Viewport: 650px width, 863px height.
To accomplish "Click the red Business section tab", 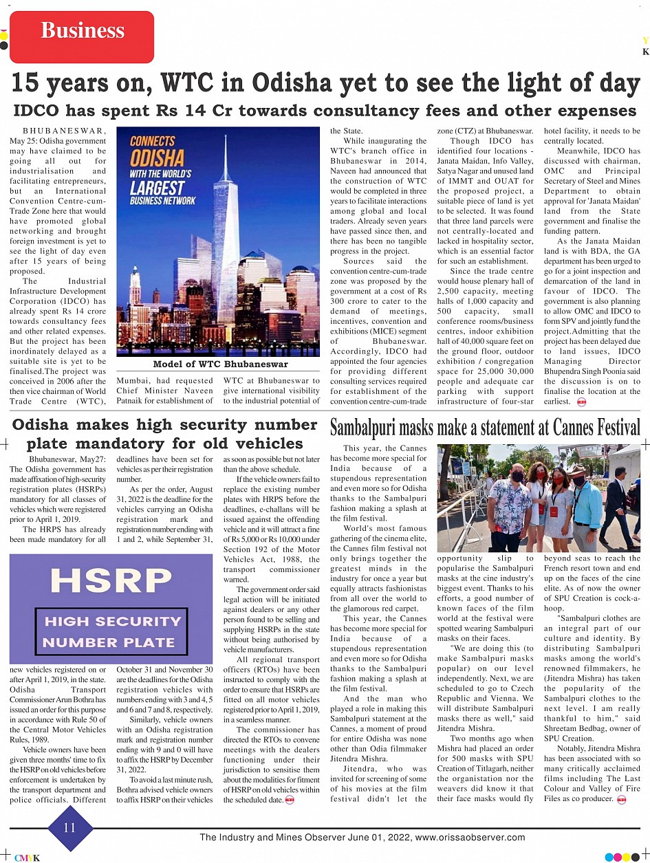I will [82, 31].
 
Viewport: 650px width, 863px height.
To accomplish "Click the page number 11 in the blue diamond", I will [69, 827].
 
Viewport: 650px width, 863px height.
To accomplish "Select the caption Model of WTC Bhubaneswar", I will [219, 364].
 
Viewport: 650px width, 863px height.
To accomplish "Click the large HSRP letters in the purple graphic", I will [111, 580].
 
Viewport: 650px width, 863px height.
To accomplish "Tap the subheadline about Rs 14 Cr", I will [325, 111].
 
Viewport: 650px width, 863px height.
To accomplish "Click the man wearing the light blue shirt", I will [587, 502].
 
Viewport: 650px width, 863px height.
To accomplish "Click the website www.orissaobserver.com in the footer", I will [470, 838].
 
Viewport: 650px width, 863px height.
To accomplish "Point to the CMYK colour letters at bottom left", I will [28, 857].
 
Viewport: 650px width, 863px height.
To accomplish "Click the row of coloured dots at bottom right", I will [622, 857].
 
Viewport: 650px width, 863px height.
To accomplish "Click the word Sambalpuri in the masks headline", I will [371, 427].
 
